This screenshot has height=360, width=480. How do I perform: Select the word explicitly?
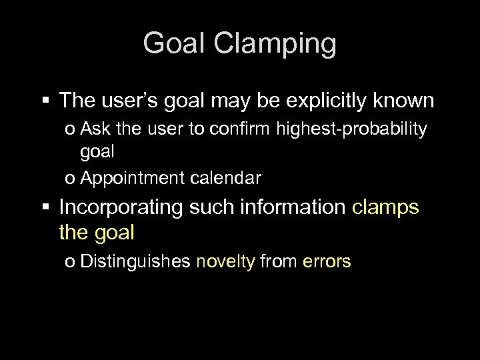(326, 101)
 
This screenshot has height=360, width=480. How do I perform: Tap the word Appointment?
(127, 178)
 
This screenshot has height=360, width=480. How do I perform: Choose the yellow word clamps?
(386, 207)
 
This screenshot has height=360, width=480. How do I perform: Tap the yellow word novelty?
(225, 261)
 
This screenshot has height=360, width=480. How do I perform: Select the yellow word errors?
(327, 261)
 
